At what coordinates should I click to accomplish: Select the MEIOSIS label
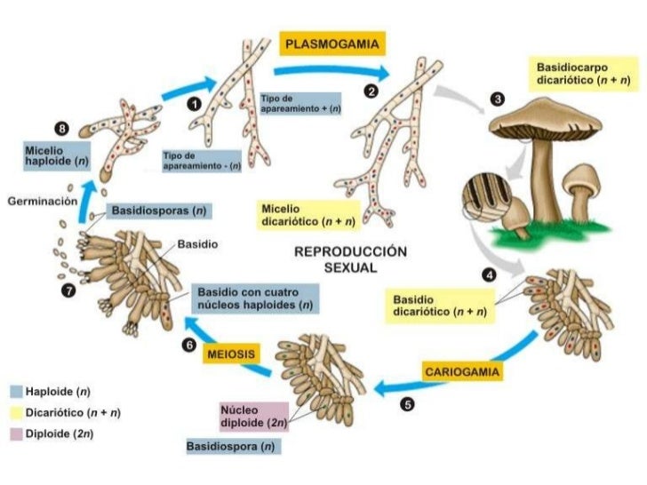(232, 354)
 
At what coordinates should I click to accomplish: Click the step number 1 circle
(193, 104)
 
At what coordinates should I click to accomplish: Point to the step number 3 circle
(498, 99)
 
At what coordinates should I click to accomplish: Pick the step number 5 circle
(407, 404)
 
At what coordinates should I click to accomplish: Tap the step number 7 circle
(68, 290)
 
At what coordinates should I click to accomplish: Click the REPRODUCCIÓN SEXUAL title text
(351, 258)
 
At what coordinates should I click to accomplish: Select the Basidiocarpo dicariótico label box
(583, 73)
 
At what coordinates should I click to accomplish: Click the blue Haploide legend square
(16, 392)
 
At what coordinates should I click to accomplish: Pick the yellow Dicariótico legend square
(16, 413)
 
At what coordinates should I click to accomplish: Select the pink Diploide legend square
(16, 434)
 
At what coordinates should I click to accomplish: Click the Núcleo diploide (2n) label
(250, 417)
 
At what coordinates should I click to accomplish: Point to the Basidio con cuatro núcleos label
(256, 298)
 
